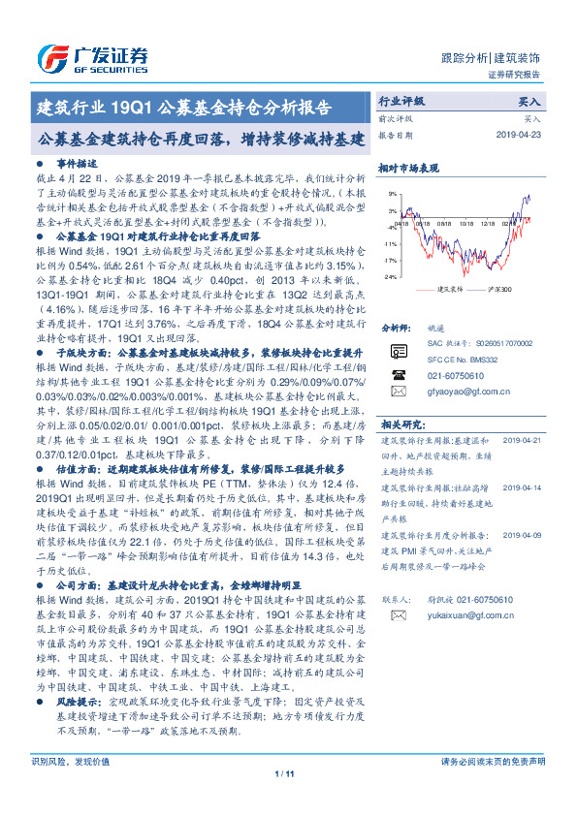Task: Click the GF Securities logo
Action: [x=92, y=55]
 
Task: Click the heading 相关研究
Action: [x=401, y=424]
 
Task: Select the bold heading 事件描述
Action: [x=78, y=165]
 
